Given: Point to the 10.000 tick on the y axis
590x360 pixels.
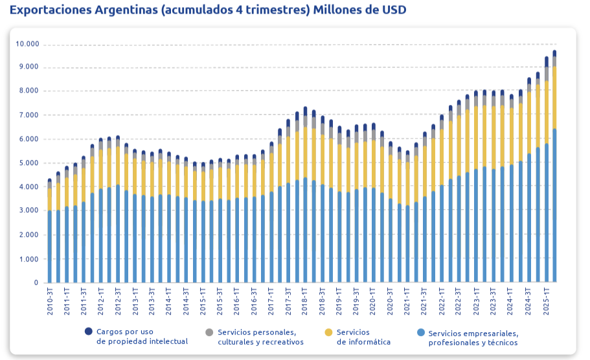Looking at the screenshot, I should pyautogui.click(x=27, y=44).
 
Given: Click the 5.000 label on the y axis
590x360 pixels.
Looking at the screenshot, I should pyautogui.click(x=29, y=163).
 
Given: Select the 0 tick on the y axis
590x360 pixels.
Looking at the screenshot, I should pyautogui.click(x=37, y=283).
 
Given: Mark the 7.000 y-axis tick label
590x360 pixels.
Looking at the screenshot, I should pyautogui.click(x=29, y=115).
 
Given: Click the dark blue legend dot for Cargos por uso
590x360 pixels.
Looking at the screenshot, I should pyautogui.click(x=89, y=332).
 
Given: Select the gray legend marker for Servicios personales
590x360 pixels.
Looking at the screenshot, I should pyautogui.click(x=209, y=332).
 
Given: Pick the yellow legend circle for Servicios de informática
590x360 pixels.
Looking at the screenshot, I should pyautogui.click(x=328, y=332).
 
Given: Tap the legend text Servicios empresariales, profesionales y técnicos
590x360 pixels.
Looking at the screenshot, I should pyautogui.click(x=473, y=337).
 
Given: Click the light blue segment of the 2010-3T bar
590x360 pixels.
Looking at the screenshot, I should pyautogui.click(x=50, y=246).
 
